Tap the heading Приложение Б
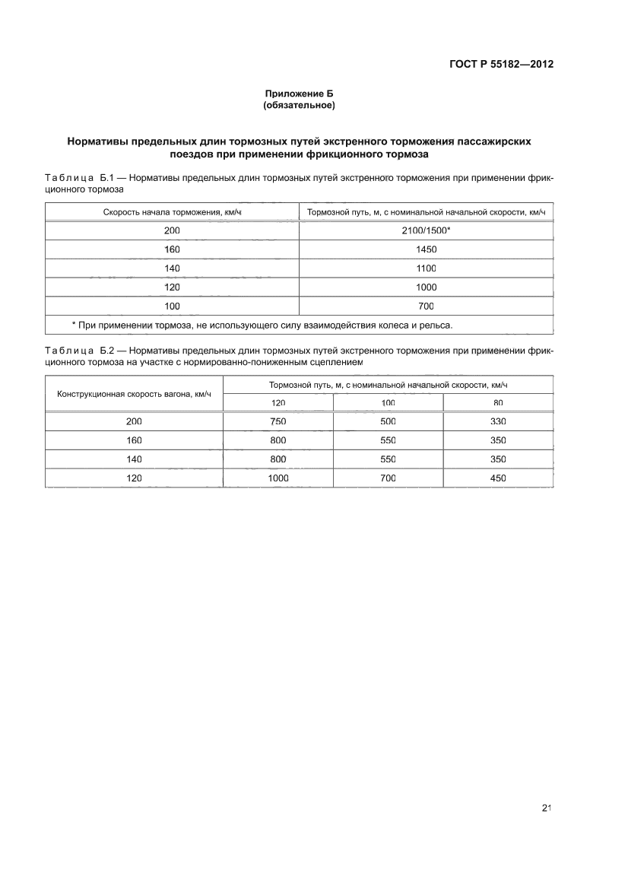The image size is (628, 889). click(x=299, y=93)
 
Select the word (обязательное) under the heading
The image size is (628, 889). click(x=299, y=105)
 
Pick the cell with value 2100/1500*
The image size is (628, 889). click(x=426, y=230)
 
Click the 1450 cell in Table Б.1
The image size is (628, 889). click(x=426, y=249)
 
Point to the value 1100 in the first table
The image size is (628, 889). click(x=426, y=268)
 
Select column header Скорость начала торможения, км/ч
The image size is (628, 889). click(x=173, y=211)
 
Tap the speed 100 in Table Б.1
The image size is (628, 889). click(x=172, y=306)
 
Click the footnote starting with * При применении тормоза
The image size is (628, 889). click(x=262, y=325)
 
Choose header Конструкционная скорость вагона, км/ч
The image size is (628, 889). click(x=135, y=393)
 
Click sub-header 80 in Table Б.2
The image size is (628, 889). click(x=498, y=402)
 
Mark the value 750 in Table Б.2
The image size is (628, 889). click(x=278, y=421)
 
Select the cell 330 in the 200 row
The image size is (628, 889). click(x=498, y=421)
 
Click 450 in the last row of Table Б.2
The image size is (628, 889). click(x=498, y=478)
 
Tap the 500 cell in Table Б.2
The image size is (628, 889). click(x=388, y=421)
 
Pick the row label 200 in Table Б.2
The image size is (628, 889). click(x=134, y=421)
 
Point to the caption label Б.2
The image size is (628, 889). click(x=106, y=352)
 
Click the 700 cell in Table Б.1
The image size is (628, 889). click(x=426, y=306)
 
